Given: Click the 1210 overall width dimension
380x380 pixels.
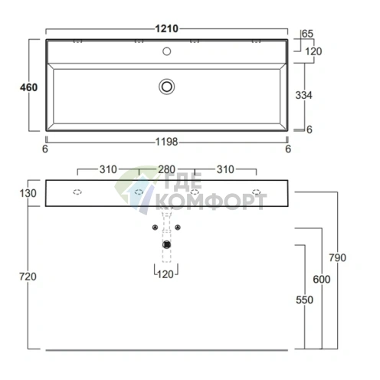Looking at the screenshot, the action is coord(166,28).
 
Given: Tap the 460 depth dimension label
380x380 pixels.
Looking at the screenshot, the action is coord(29,87).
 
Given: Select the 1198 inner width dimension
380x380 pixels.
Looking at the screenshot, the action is coord(166,142).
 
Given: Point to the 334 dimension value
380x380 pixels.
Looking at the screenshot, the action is coord(303,95).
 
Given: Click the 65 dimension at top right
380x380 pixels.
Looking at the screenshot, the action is coord(307,34).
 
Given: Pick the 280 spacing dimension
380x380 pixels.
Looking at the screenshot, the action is coord(166,169).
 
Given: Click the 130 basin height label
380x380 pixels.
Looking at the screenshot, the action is coord(28,193).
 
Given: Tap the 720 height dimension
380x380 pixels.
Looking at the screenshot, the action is coord(28,277).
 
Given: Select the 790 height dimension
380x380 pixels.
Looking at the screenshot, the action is coord(337,257).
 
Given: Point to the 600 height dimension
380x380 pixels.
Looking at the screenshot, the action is coord(322,280).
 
